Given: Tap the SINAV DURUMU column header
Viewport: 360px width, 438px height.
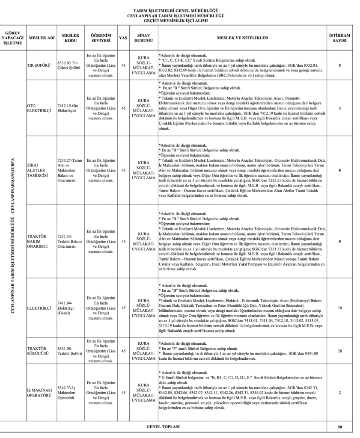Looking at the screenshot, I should tap(143, 38).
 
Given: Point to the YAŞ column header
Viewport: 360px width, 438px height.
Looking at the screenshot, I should tap(123, 38).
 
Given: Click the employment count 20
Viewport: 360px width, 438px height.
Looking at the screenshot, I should tap(339, 351).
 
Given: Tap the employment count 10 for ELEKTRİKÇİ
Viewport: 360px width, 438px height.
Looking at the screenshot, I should tap(339, 308).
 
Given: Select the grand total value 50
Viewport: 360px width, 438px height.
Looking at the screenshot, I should tap(339, 427).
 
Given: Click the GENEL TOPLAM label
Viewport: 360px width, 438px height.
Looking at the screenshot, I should tap(163, 427).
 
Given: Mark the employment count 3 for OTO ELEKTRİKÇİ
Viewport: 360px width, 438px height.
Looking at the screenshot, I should tap(339, 108).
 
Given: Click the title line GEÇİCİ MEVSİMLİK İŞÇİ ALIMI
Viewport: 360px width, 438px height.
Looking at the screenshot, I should tap(180, 20).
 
